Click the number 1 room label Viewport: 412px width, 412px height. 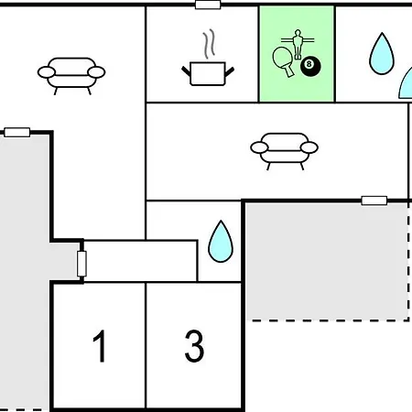(100, 346)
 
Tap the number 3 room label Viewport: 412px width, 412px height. (194, 346)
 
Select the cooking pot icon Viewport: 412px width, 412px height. (208, 73)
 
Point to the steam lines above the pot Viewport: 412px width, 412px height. (209, 44)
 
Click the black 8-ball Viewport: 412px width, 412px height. (310, 65)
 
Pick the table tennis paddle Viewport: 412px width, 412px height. (283, 61)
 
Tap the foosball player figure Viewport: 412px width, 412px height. (298, 44)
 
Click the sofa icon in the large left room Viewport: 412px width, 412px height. (71, 76)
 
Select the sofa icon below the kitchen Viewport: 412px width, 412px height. (285, 151)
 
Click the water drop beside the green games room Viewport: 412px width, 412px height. (382, 55)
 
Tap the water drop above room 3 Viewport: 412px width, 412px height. (221, 243)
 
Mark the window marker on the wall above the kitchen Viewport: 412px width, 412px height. (208, 5)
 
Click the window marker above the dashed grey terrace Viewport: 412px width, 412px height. (374, 201)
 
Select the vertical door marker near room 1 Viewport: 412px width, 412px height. (81, 264)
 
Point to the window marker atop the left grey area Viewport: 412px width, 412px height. (17, 132)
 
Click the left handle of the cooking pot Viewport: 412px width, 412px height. (186, 71)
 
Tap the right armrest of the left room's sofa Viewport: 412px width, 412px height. (96, 72)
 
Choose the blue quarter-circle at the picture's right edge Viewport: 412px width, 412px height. (407, 85)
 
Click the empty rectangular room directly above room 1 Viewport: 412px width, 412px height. (140, 261)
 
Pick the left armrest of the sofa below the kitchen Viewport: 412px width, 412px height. (259, 147)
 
